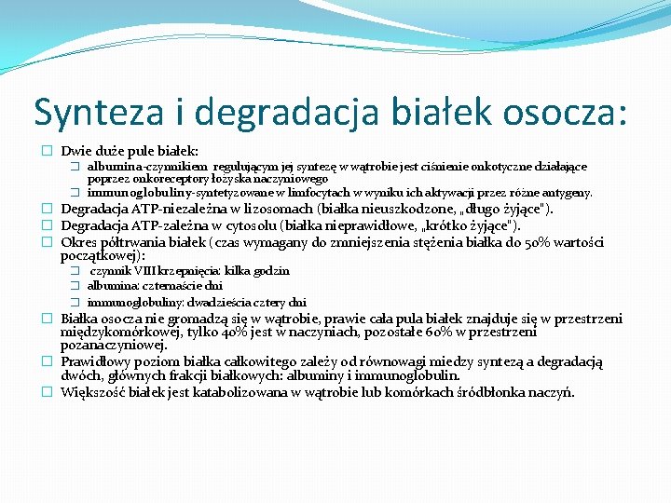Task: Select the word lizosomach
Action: pyautogui.click(x=277, y=210)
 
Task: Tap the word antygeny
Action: pyautogui.click(x=566, y=193)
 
